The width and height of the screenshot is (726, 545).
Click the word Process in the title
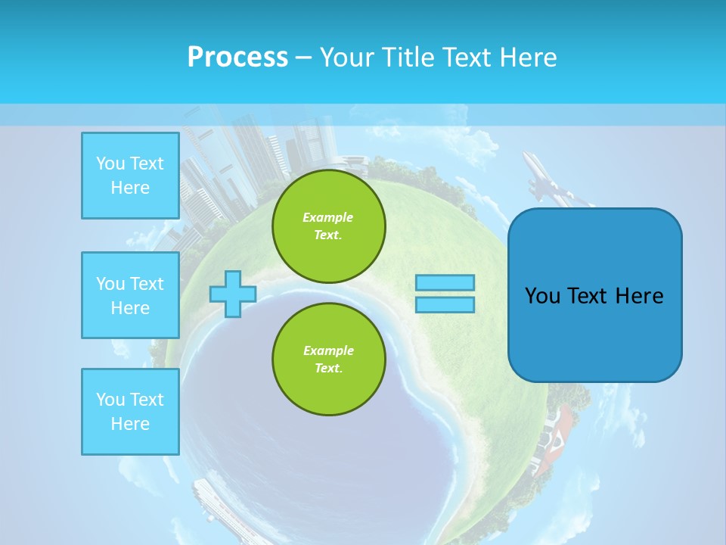(x=237, y=58)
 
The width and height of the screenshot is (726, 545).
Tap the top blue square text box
(x=130, y=176)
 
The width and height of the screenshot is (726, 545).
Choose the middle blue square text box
(x=130, y=295)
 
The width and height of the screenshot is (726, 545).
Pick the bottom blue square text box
(x=130, y=412)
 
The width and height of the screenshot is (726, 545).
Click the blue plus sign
(x=233, y=294)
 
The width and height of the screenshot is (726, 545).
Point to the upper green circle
(x=328, y=226)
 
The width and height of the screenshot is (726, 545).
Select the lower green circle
(x=328, y=360)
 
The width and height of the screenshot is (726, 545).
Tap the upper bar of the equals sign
(x=445, y=283)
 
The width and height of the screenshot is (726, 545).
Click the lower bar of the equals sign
(x=445, y=304)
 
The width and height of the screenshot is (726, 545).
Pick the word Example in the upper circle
(x=327, y=217)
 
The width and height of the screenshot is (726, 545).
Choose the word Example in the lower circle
(x=327, y=350)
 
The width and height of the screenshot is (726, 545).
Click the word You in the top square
(x=110, y=163)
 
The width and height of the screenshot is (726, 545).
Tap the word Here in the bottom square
(x=130, y=424)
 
